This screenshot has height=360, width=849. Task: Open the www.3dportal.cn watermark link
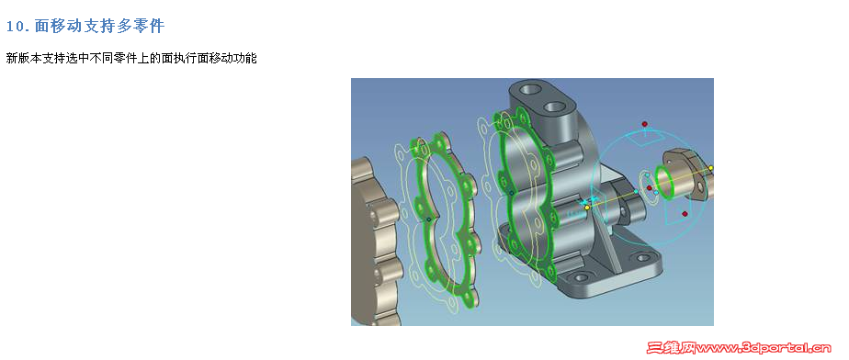pyautogui.click(x=764, y=347)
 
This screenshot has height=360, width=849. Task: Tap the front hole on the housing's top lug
pyautogui.click(x=554, y=107)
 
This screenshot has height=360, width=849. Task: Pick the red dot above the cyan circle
pyautogui.click(x=644, y=124)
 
